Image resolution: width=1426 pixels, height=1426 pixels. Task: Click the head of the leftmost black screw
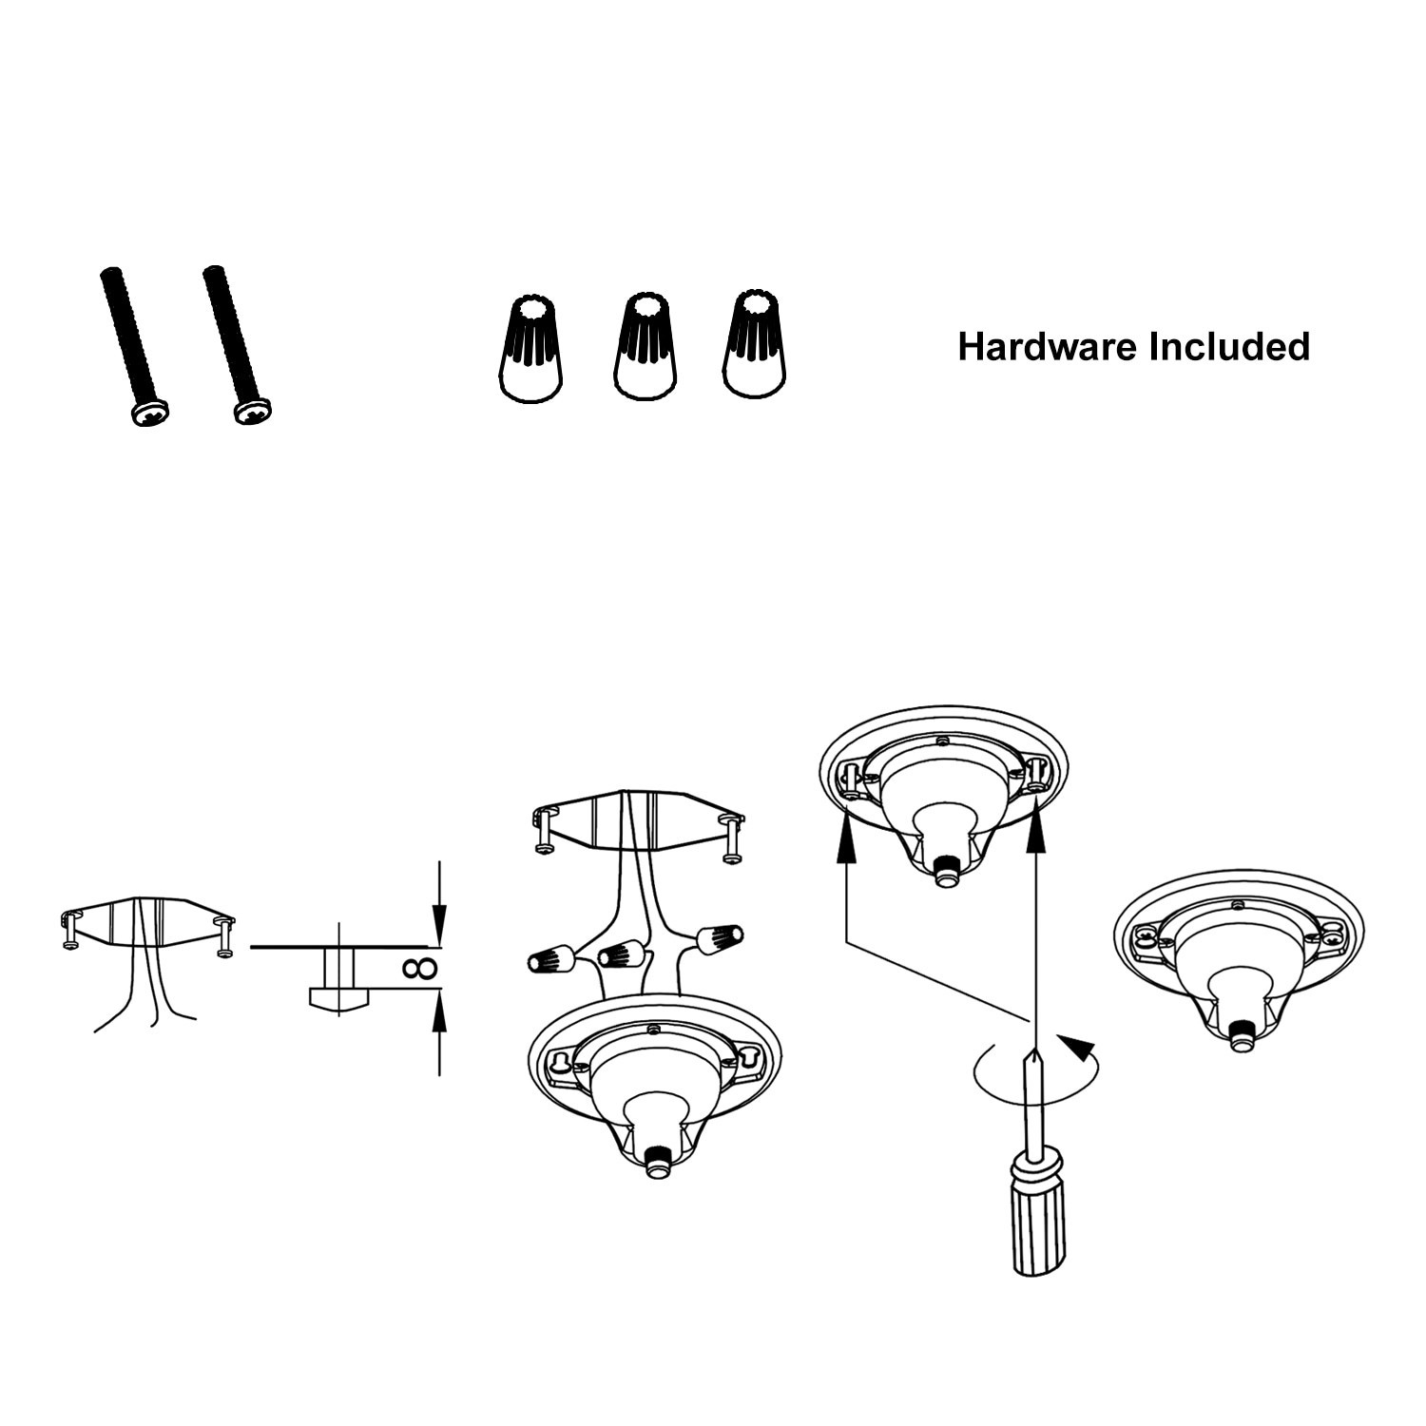150,413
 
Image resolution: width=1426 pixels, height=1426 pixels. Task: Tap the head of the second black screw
253,411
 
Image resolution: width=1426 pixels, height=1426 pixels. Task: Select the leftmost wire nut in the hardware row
530,348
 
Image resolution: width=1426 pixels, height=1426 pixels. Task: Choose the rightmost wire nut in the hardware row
755,344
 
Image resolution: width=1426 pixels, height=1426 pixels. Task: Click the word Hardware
1048,347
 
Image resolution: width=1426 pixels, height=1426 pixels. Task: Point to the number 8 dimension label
418,969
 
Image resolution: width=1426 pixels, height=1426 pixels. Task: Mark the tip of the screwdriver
1033,1050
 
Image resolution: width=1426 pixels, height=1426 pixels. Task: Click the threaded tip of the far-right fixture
1239,1041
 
